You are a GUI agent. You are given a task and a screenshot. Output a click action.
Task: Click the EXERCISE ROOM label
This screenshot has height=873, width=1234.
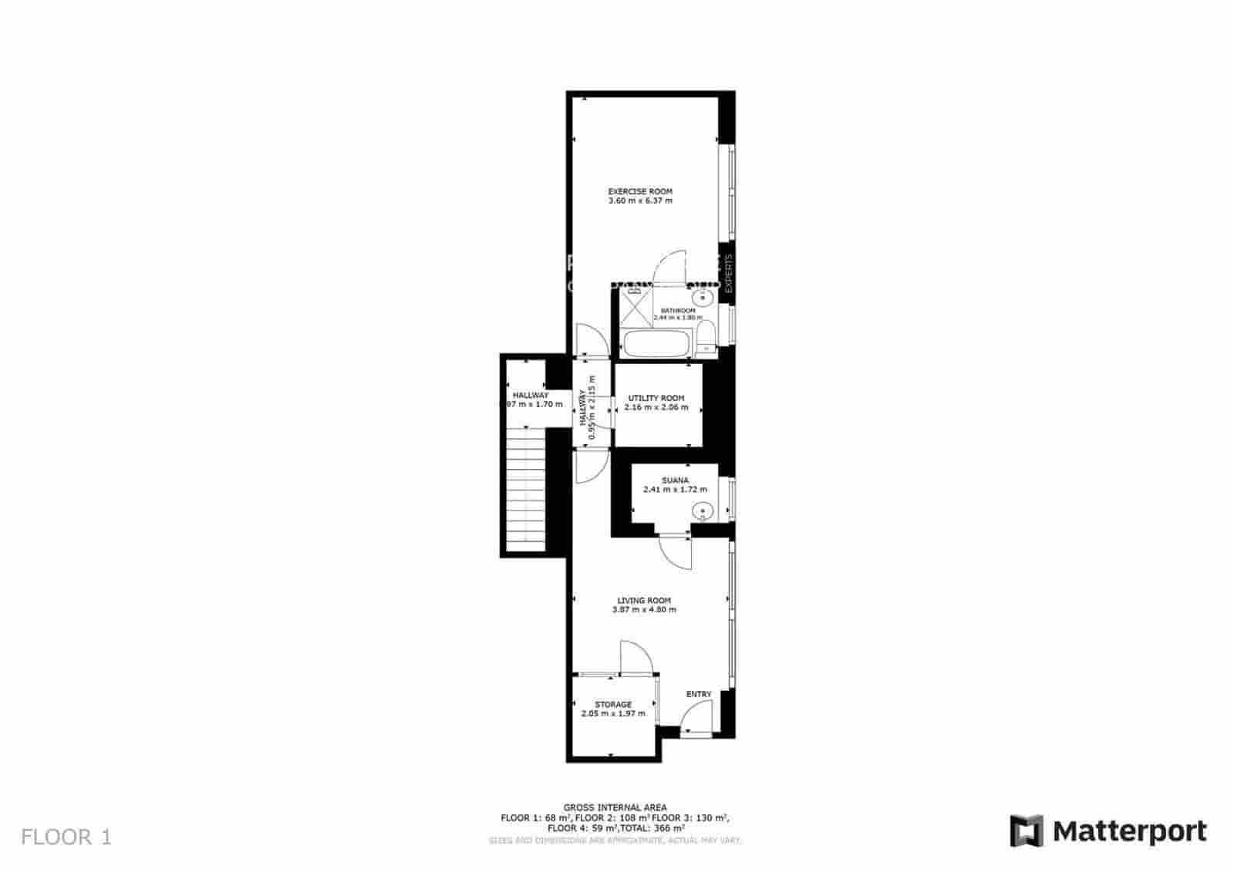click(640, 191)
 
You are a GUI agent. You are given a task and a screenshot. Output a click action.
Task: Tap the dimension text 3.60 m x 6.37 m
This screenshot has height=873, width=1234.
click(640, 201)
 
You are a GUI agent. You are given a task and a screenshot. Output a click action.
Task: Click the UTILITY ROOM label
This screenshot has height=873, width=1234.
click(656, 398)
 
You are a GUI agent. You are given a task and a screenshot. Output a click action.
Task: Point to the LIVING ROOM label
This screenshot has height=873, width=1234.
click(644, 600)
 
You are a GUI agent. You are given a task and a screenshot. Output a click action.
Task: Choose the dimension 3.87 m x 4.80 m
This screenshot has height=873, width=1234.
click(644, 610)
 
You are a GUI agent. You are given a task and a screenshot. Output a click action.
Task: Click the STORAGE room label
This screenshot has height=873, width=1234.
click(613, 704)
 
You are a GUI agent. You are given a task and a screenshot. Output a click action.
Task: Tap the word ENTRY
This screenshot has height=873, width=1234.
click(699, 694)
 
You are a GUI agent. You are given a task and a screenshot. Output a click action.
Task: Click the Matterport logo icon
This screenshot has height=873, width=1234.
click(1027, 831)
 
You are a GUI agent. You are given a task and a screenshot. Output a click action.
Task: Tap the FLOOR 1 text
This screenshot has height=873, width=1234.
click(66, 837)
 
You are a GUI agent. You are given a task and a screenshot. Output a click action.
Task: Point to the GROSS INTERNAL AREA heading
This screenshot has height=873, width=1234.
click(615, 807)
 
